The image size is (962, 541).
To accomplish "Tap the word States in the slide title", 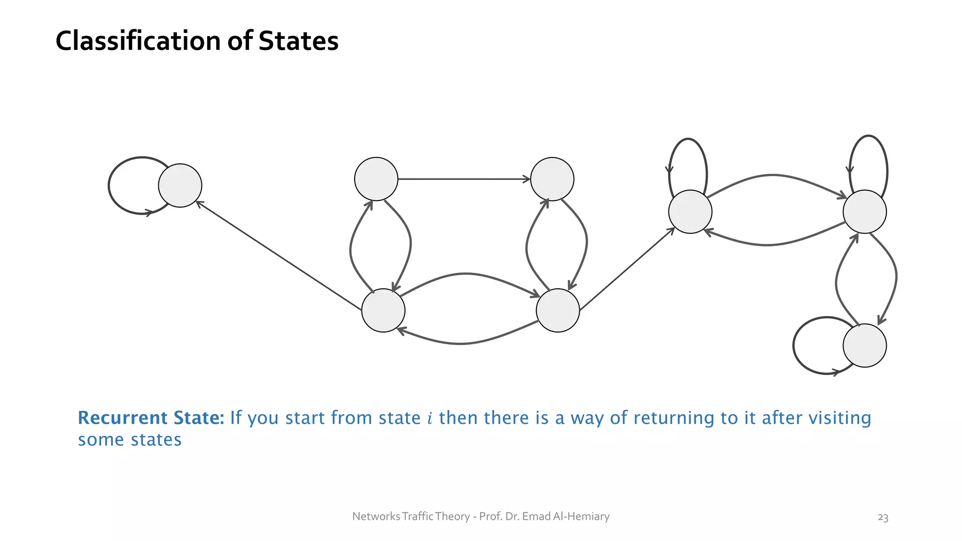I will click(298, 41).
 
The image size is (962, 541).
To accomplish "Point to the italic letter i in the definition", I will click(430, 418).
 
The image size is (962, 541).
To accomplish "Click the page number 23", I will click(883, 518).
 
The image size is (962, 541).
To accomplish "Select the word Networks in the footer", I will click(376, 517).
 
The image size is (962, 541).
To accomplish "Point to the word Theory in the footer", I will click(452, 517).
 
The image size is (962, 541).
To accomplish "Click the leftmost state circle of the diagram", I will click(180, 185).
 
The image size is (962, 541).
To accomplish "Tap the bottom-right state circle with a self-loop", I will click(864, 346).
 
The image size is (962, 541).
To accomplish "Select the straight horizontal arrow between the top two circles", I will click(464, 179).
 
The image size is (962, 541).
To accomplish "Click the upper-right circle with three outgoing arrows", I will click(864, 212).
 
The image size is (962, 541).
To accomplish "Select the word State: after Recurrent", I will click(199, 417).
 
